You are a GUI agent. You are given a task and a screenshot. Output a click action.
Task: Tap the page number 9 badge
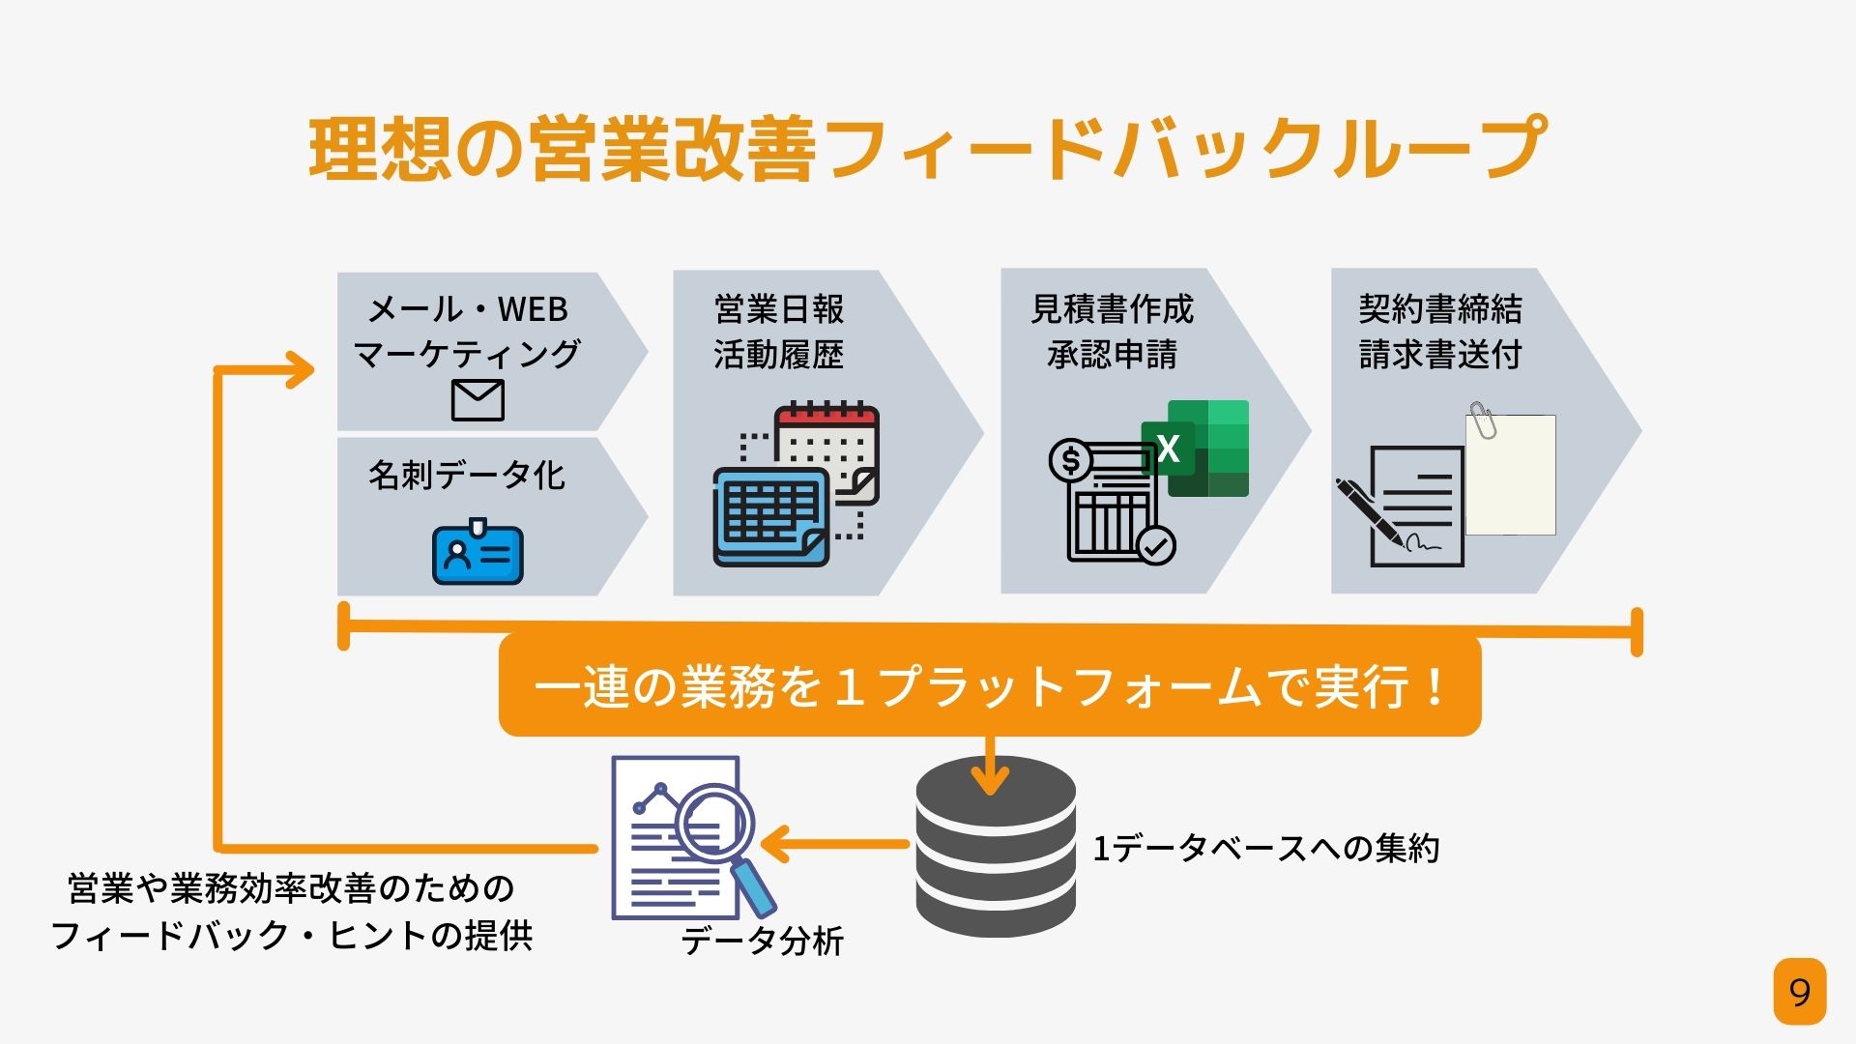(1799, 992)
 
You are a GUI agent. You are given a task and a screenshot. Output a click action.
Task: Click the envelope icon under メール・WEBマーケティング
(478, 400)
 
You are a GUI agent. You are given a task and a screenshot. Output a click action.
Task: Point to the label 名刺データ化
(467, 475)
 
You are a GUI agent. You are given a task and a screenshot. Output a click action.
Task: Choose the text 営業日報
(779, 309)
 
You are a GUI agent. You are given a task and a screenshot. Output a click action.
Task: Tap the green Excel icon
(1195, 449)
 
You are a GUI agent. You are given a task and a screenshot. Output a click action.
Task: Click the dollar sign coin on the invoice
(1070, 460)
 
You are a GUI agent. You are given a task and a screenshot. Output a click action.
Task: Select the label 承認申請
(1112, 355)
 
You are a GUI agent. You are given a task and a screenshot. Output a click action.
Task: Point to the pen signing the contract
(1371, 511)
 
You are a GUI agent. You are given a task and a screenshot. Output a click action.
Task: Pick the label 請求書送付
(1440, 355)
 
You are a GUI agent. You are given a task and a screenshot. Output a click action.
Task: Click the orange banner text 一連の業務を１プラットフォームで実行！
(990, 687)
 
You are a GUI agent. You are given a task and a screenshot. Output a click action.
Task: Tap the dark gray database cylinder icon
(996, 847)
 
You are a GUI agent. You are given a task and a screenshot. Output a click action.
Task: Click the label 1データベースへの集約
(1266, 849)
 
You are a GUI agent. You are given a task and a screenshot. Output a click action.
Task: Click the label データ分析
(763, 941)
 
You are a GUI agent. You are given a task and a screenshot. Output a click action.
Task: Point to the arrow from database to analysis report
(835, 844)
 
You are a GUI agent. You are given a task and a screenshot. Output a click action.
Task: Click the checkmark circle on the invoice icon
(1155, 545)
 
